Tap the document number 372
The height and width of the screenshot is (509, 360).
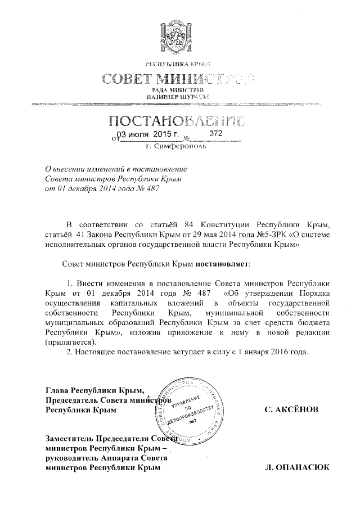tap(216, 134)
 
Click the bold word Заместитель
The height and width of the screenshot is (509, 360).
tap(70, 439)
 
